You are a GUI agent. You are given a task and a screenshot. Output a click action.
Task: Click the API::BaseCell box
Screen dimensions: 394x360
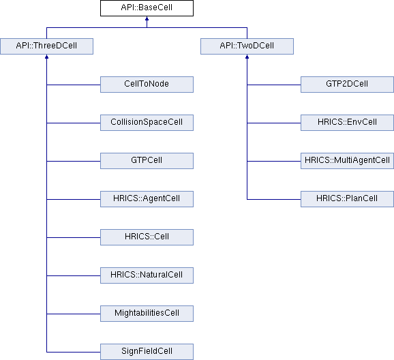[x=147, y=8]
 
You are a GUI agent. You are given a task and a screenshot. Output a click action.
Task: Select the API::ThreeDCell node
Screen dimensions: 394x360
[x=47, y=46]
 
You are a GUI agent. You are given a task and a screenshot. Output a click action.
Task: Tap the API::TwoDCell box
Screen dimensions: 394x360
[x=247, y=46]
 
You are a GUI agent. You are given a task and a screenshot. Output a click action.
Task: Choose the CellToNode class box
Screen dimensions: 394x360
[x=147, y=85]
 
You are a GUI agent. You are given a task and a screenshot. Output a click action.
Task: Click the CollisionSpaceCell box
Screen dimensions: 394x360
[x=147, y=123]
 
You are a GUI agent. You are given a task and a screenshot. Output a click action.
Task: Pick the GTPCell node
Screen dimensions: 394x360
[x=147, y=161]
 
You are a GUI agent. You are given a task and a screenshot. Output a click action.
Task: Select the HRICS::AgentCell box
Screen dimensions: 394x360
[x=147, y=199]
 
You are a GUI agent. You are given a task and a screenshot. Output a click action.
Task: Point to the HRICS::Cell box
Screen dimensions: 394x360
[x=147, y=237]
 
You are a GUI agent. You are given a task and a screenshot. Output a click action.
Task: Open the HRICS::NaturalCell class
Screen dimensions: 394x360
[x=147, y=275]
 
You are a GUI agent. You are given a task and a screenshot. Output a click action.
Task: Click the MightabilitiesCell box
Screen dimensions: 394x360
[x=147, y=314]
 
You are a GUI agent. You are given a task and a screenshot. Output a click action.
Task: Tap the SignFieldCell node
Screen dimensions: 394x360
[x=147, y=352]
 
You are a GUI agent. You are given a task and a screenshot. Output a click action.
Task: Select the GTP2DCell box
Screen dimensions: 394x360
[x=347, y=85]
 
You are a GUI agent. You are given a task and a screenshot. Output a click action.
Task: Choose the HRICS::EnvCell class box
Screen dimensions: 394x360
[x=347, y=123]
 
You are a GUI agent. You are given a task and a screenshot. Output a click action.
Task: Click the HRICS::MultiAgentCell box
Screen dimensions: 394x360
[x=347, y=161]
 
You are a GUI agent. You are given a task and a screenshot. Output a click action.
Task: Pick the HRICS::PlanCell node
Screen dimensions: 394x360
[x=347, y=199]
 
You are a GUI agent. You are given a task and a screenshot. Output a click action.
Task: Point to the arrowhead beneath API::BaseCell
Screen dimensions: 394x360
[x=147, y=18]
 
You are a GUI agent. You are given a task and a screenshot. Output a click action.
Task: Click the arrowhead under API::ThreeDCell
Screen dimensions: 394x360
[x=47, y=57]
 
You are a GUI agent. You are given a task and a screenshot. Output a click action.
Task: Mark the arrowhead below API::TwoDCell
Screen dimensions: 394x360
[x=247, y=57]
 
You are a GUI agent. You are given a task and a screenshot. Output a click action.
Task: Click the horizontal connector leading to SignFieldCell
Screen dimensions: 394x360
[x=74, y=352]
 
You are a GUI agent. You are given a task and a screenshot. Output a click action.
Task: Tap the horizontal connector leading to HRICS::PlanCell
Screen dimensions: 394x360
[x=274, y=199]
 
